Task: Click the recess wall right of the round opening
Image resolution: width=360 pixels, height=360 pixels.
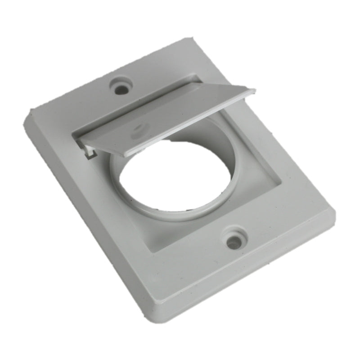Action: click(252, 171)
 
